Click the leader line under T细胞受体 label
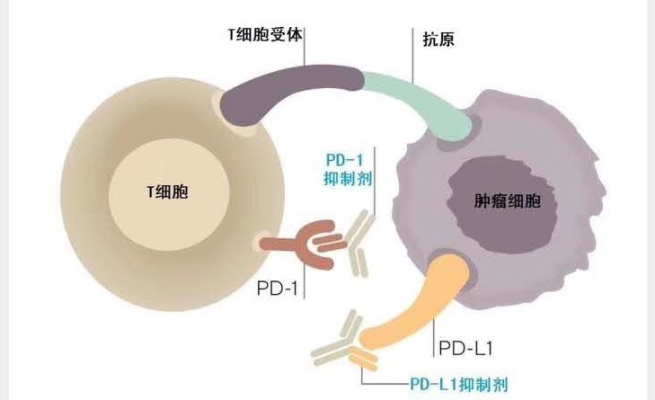tap(305, 54)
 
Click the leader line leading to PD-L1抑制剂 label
tap(382, 378)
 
